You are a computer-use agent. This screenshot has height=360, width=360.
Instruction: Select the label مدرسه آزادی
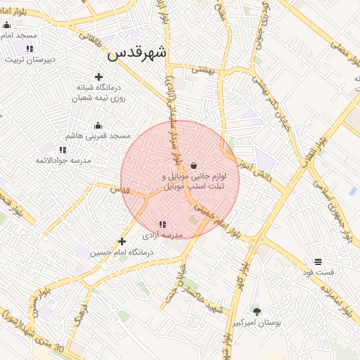(x=163, y=235)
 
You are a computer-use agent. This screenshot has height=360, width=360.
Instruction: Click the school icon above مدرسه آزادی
(x=163, y=224)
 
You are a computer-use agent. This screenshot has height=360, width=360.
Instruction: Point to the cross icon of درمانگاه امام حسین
(x=122, y=241)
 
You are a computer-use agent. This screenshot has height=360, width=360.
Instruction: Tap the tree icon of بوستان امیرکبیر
(x=257, y=311)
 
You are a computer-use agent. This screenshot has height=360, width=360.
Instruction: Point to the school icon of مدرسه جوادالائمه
(x=63, y=150)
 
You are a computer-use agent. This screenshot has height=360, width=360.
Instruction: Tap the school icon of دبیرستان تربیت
(x=30, y=49)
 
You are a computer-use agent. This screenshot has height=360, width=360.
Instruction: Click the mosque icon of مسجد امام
(x=6, y=25)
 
